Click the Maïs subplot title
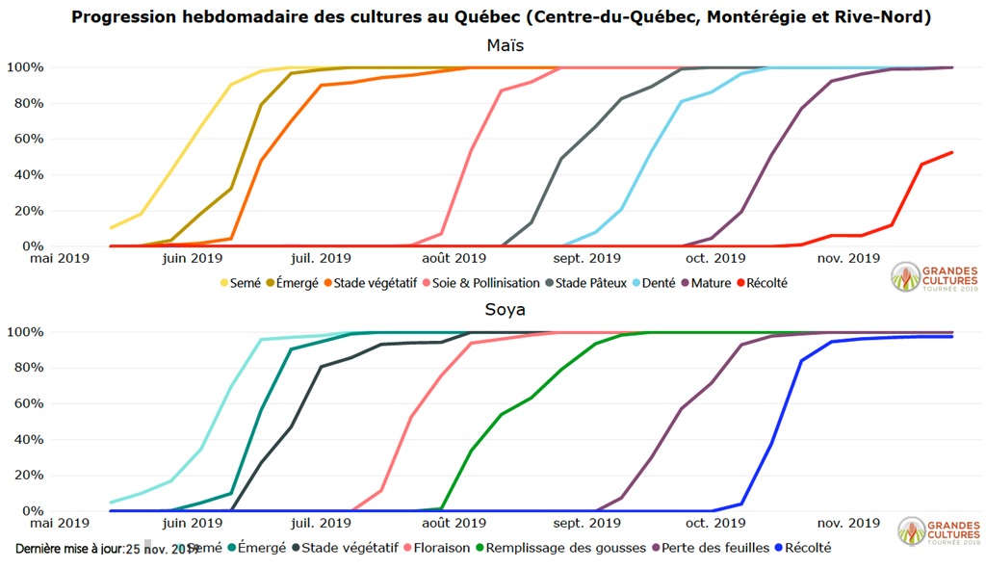pos(505,46)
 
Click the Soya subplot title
pos(505,311)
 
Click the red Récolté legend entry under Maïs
pos(763,283)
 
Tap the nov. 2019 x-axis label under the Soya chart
pos(848,523)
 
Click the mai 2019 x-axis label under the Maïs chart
pos(57,258)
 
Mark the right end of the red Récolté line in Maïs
pos(952,152)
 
